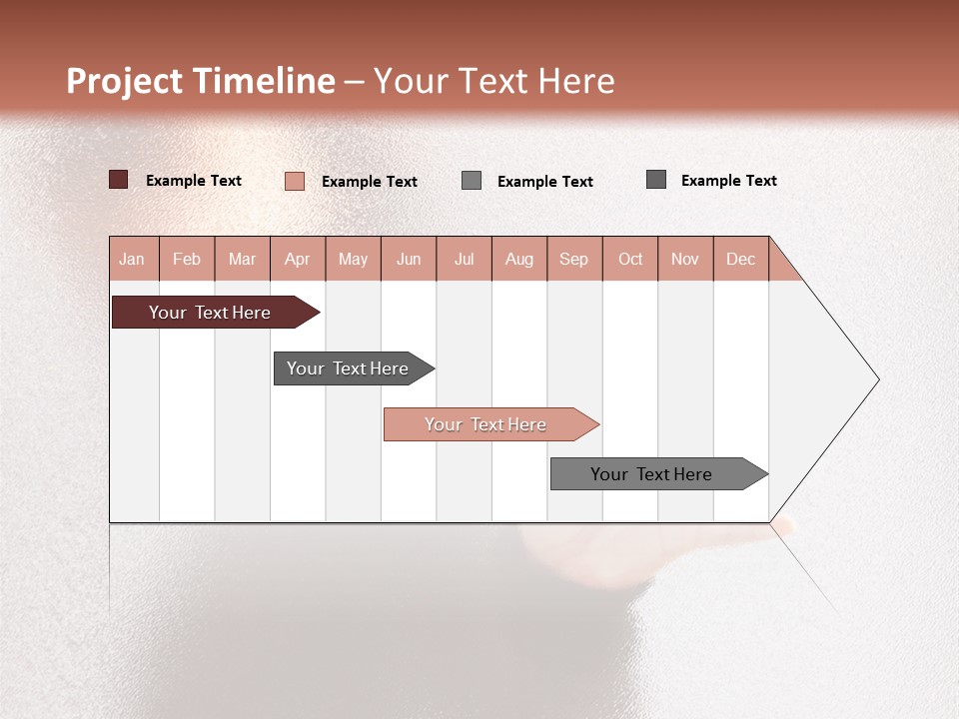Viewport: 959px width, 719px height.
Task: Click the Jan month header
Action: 133,259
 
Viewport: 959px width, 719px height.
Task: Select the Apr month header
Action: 298,259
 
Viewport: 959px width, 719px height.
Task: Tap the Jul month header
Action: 464,259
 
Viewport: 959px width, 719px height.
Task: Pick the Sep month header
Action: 574,259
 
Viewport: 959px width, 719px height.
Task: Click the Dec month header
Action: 740,259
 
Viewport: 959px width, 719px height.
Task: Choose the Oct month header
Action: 630,259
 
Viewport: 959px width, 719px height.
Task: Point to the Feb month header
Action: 187,259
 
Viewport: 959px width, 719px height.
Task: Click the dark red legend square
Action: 119,180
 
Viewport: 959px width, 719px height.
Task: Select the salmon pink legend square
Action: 295,181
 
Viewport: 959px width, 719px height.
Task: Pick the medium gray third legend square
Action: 472,180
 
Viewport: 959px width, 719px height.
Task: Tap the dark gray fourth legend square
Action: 656,180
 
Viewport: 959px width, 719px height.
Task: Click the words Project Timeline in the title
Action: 200,81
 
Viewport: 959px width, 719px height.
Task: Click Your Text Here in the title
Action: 494,81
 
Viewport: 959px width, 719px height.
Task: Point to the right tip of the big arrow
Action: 877,379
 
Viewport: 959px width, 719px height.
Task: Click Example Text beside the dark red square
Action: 194,181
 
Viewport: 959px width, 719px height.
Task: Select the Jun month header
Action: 409,259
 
